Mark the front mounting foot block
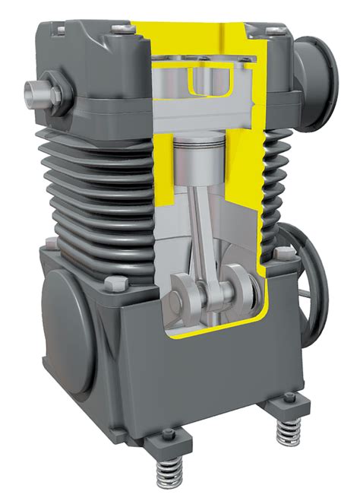coord(166,443)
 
